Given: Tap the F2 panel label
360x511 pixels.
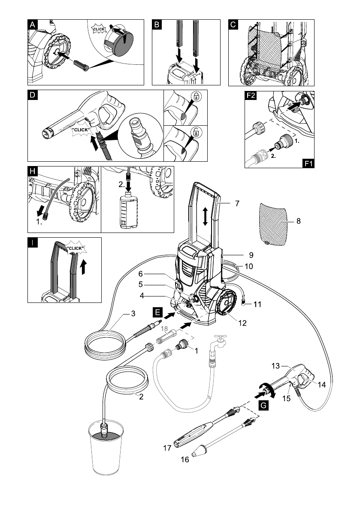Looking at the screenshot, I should click(251, 95).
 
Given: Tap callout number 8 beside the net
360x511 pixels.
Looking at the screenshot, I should click(298, 221).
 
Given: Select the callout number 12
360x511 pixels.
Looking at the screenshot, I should click(242, 323).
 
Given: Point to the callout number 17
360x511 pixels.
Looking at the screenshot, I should click(167, 448).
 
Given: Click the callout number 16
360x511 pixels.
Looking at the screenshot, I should click(185, 460).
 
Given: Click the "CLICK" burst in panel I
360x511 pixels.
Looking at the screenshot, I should click(76, 248).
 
